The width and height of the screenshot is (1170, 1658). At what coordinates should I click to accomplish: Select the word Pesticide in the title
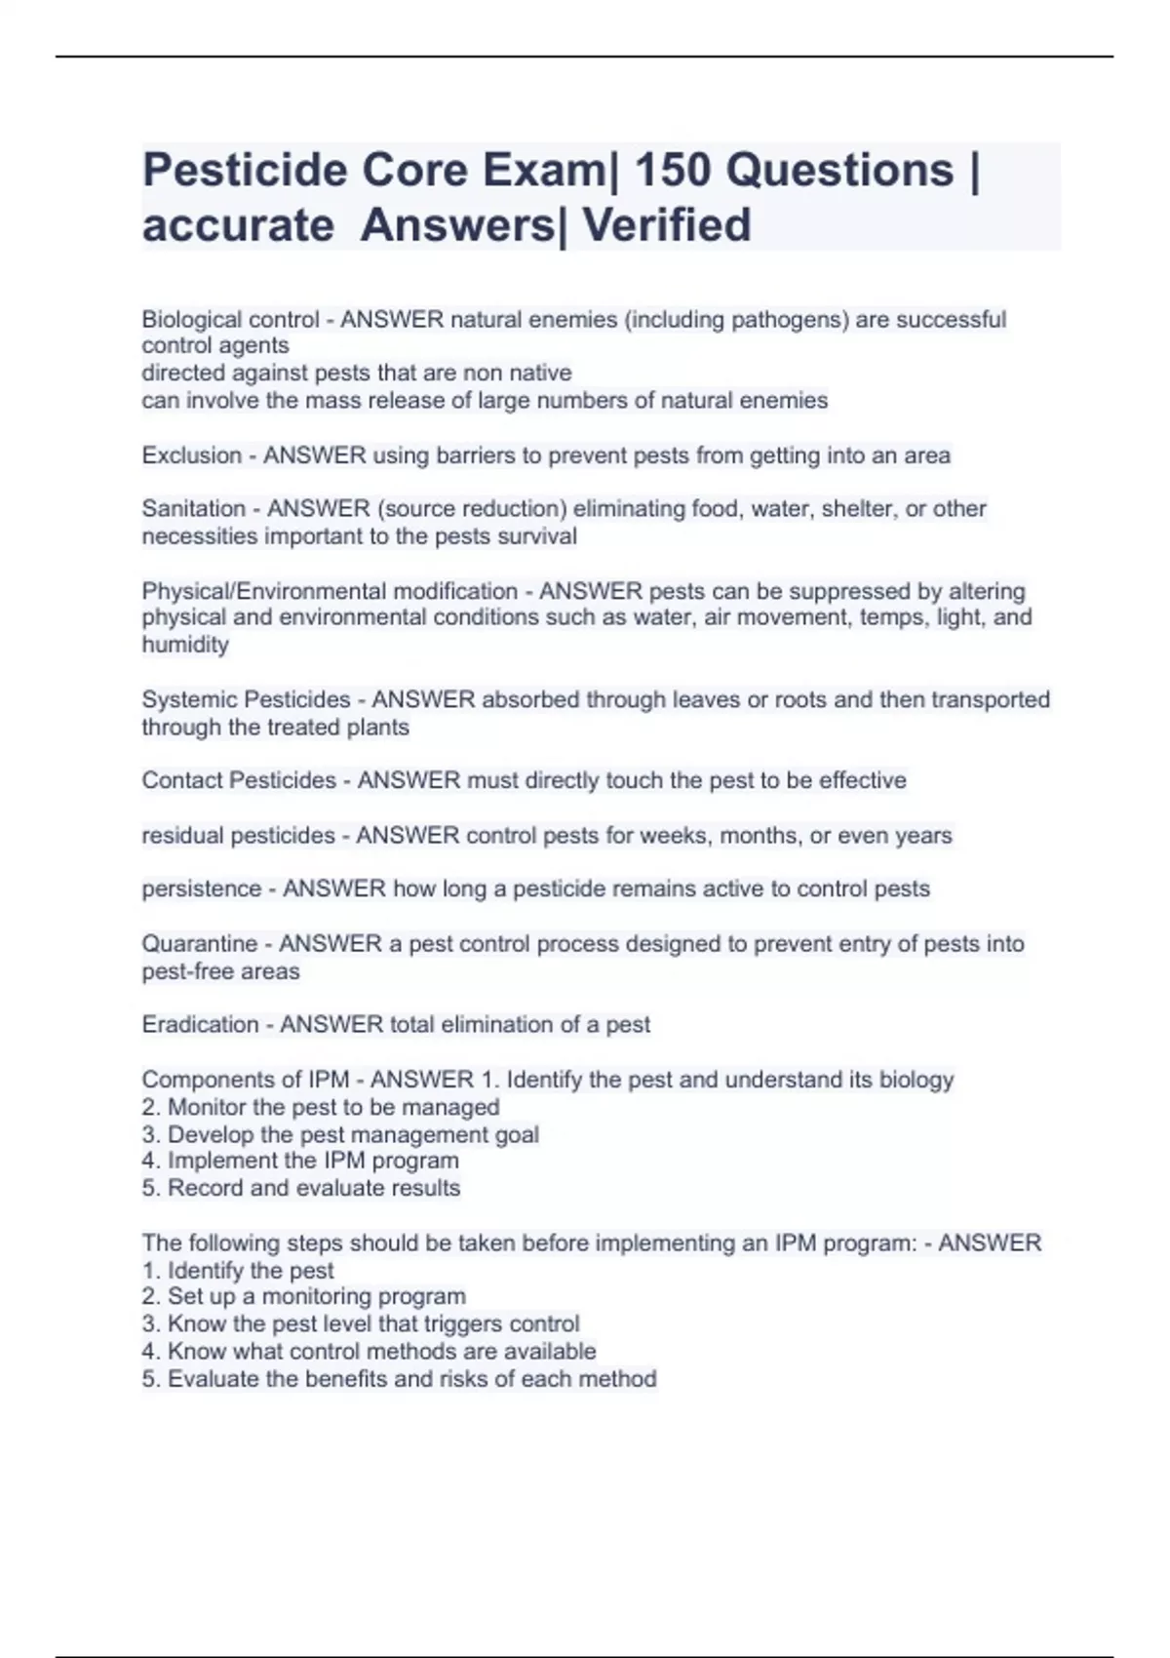coord(245,170)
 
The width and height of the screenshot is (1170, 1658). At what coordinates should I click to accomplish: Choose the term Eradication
coord(200,1024)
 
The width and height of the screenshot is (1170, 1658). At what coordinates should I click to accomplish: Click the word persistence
coord(201,888)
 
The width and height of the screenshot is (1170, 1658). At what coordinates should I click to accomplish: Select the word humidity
coord(185,644)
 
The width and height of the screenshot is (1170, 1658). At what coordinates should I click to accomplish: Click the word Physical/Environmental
coord(330,591)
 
